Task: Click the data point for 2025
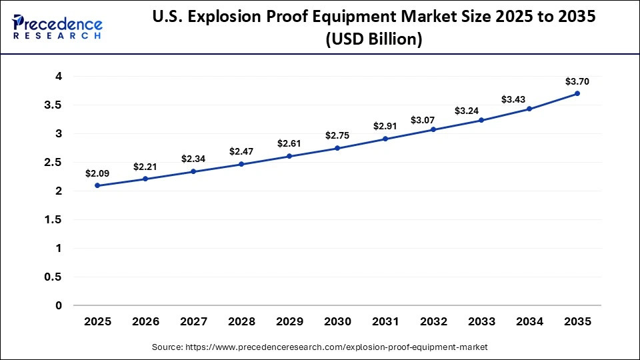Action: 97,185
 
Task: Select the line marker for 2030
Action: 337,148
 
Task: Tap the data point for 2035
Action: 577,93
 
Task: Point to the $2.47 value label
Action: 241,151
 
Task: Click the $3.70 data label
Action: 577,81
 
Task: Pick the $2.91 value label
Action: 385,125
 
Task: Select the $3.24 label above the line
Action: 481,111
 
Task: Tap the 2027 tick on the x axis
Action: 193,321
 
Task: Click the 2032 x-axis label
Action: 433,321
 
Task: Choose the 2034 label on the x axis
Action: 529,321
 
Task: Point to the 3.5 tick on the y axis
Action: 54,105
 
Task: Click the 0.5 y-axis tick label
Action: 54,277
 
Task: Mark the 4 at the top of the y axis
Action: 59,77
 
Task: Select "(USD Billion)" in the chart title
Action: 373,40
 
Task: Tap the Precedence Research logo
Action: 57,27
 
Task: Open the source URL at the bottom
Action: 320,347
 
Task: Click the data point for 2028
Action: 241,164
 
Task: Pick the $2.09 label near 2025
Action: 97,173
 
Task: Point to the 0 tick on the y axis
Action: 59,305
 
